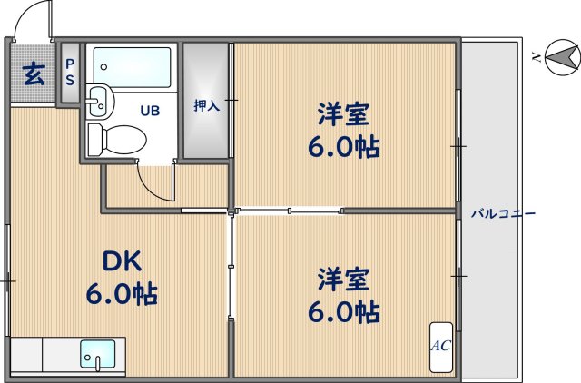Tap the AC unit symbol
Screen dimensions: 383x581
click(x=440, y=345)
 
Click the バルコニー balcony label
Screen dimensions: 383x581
click(x=503, y=214)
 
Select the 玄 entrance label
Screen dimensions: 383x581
click(x=33, y=74)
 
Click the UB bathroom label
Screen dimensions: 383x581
click(x=150, y=111)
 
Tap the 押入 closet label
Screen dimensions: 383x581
click(x=206, y=105)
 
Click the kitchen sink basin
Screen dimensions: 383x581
click(x=97, y=351)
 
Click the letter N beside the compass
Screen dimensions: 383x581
click(x=537, y=58)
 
